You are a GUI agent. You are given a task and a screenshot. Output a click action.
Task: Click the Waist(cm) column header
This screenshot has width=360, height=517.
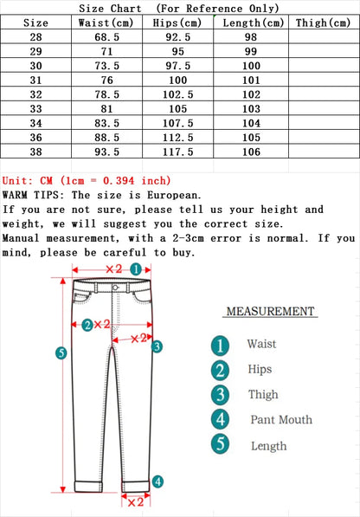[105, 23]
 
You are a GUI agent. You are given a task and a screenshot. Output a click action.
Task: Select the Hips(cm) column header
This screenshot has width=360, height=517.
[177, 23]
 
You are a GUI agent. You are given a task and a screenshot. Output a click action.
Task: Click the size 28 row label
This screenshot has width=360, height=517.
[35, 38]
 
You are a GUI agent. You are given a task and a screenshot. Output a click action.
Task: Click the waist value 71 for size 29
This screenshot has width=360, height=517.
[105, 52]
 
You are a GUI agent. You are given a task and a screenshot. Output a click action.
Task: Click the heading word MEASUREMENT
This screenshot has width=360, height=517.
[270, 312]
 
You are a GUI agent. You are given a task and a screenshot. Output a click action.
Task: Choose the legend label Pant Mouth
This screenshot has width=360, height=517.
[281, 420]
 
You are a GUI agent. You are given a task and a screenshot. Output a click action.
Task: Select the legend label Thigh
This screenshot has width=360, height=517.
[262, 395]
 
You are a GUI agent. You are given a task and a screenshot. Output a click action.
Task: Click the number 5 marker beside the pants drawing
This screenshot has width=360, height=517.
[61, 352]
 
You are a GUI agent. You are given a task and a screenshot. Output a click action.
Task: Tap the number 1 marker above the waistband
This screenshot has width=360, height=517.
[136, 268]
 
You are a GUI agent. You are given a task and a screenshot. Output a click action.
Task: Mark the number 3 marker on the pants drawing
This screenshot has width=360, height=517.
[157, 346]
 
